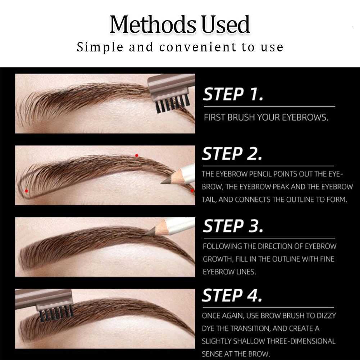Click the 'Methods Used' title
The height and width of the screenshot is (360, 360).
[x=179, y=24]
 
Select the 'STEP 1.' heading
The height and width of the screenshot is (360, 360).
[x=233, y=94]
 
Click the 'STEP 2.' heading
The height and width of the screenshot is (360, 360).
[x=232, y=154]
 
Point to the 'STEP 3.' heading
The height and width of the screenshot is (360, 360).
[x=233, y=226]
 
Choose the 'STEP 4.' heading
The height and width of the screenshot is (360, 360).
[x=232, y=295]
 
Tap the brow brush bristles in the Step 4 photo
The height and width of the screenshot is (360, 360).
[x=56, y=313]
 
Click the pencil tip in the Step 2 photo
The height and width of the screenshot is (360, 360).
[x=166, y=181]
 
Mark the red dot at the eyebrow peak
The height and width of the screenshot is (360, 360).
[x=136, y=156]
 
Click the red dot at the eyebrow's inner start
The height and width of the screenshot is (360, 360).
[x=26, y=191]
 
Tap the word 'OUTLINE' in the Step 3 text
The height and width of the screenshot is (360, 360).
[x=283, y=259]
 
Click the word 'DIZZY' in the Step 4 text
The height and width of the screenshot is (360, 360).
[x=324, y=315]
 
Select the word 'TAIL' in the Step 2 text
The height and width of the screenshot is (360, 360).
[x=209, y=200]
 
